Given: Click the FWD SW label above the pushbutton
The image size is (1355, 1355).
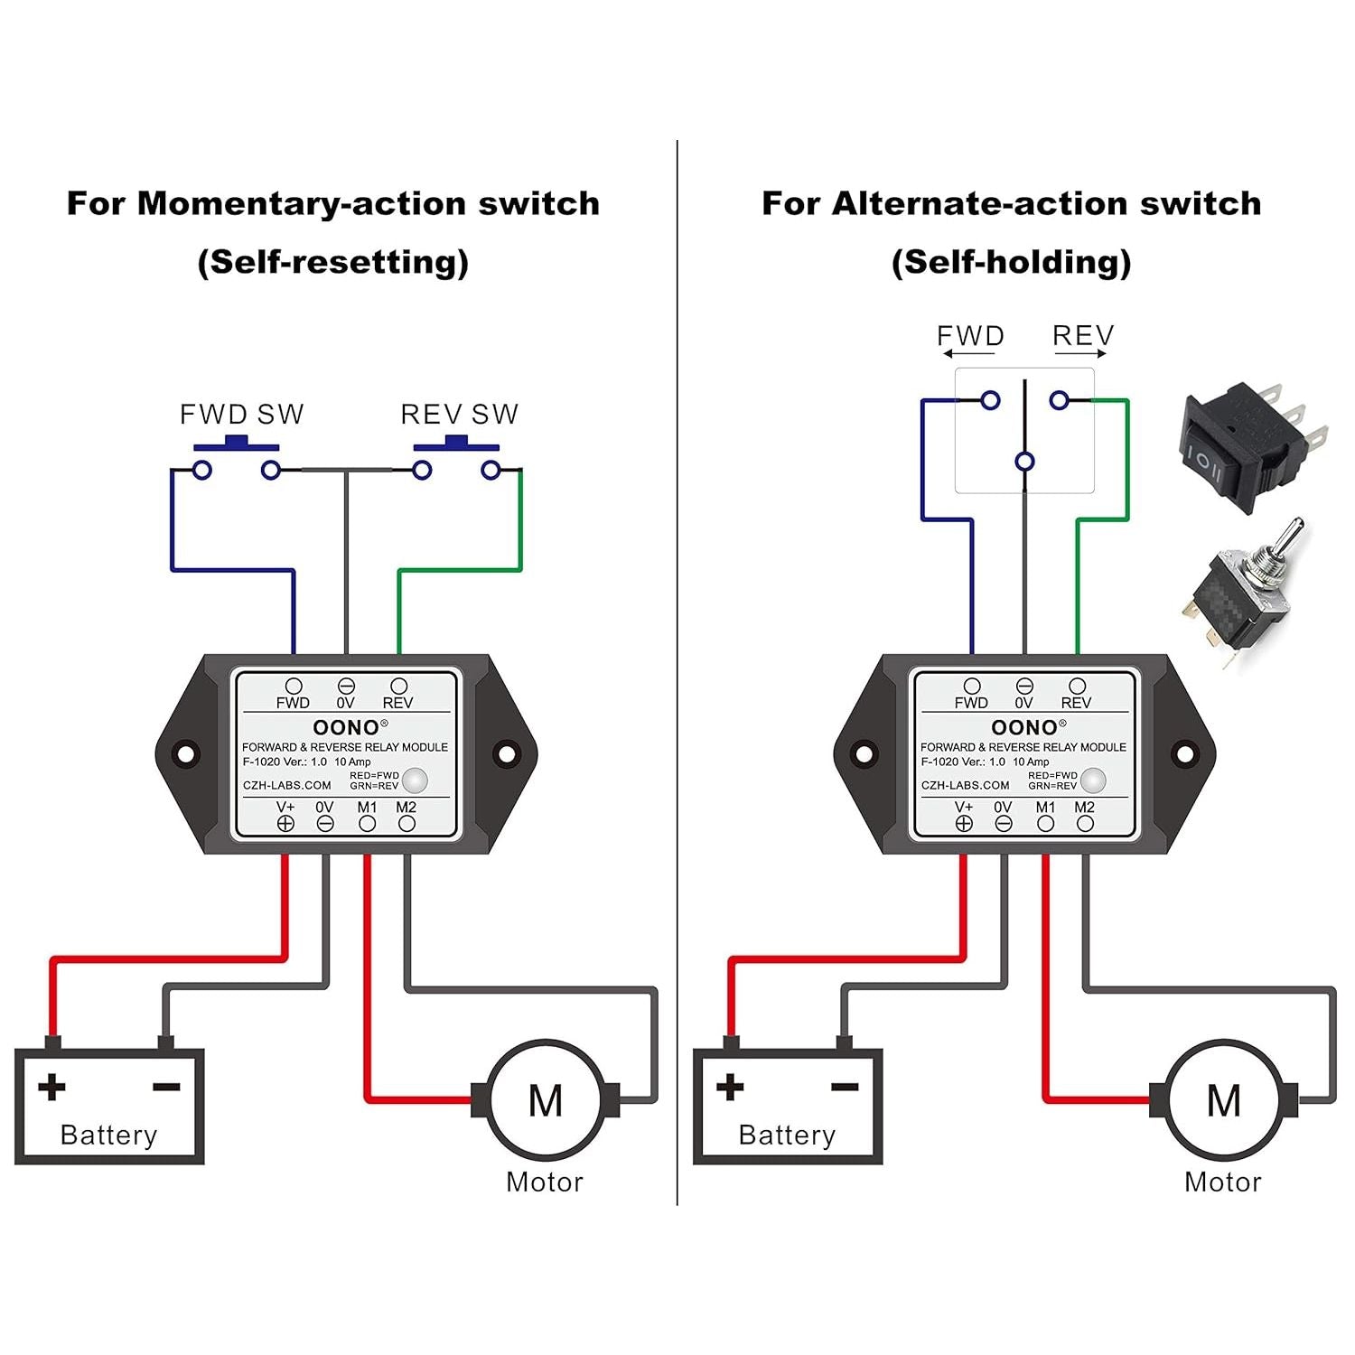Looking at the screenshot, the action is click(x=241, y=414).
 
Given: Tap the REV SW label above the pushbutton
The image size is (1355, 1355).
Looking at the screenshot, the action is click(x=459, y=414).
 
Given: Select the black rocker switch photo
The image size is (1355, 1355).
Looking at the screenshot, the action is click(x=1251, y=447).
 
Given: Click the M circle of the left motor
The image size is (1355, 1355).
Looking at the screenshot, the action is click(x=546, y=1100).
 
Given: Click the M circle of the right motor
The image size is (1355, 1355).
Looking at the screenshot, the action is click(x=1224, y=1100).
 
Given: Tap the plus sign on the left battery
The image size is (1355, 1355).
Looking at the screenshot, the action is click(x=51, y=1087).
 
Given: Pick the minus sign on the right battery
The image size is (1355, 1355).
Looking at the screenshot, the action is click(x=845, y=1087).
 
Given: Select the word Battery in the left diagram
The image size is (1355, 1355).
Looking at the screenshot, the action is click(x=108, y=1135).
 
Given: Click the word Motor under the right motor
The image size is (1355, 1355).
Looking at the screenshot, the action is click(x=1223, y=1182).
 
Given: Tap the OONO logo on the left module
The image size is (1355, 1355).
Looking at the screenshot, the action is click(x=346, y=727).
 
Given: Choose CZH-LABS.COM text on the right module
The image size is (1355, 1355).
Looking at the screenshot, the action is click(x=965, y=785).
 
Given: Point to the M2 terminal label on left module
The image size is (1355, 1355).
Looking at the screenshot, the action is click(x=406, y=807).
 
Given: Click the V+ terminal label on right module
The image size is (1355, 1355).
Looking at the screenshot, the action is click(x=964, y=807).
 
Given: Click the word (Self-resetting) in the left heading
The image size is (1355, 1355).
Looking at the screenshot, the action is click(x=333, y=262).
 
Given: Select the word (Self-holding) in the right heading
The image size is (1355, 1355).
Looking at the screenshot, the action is click(x=1011, y=262).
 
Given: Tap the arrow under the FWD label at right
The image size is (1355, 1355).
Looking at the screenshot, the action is click(x=969, y=354).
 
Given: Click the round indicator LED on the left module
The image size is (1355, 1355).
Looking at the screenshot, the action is click(x=415, y=780).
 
